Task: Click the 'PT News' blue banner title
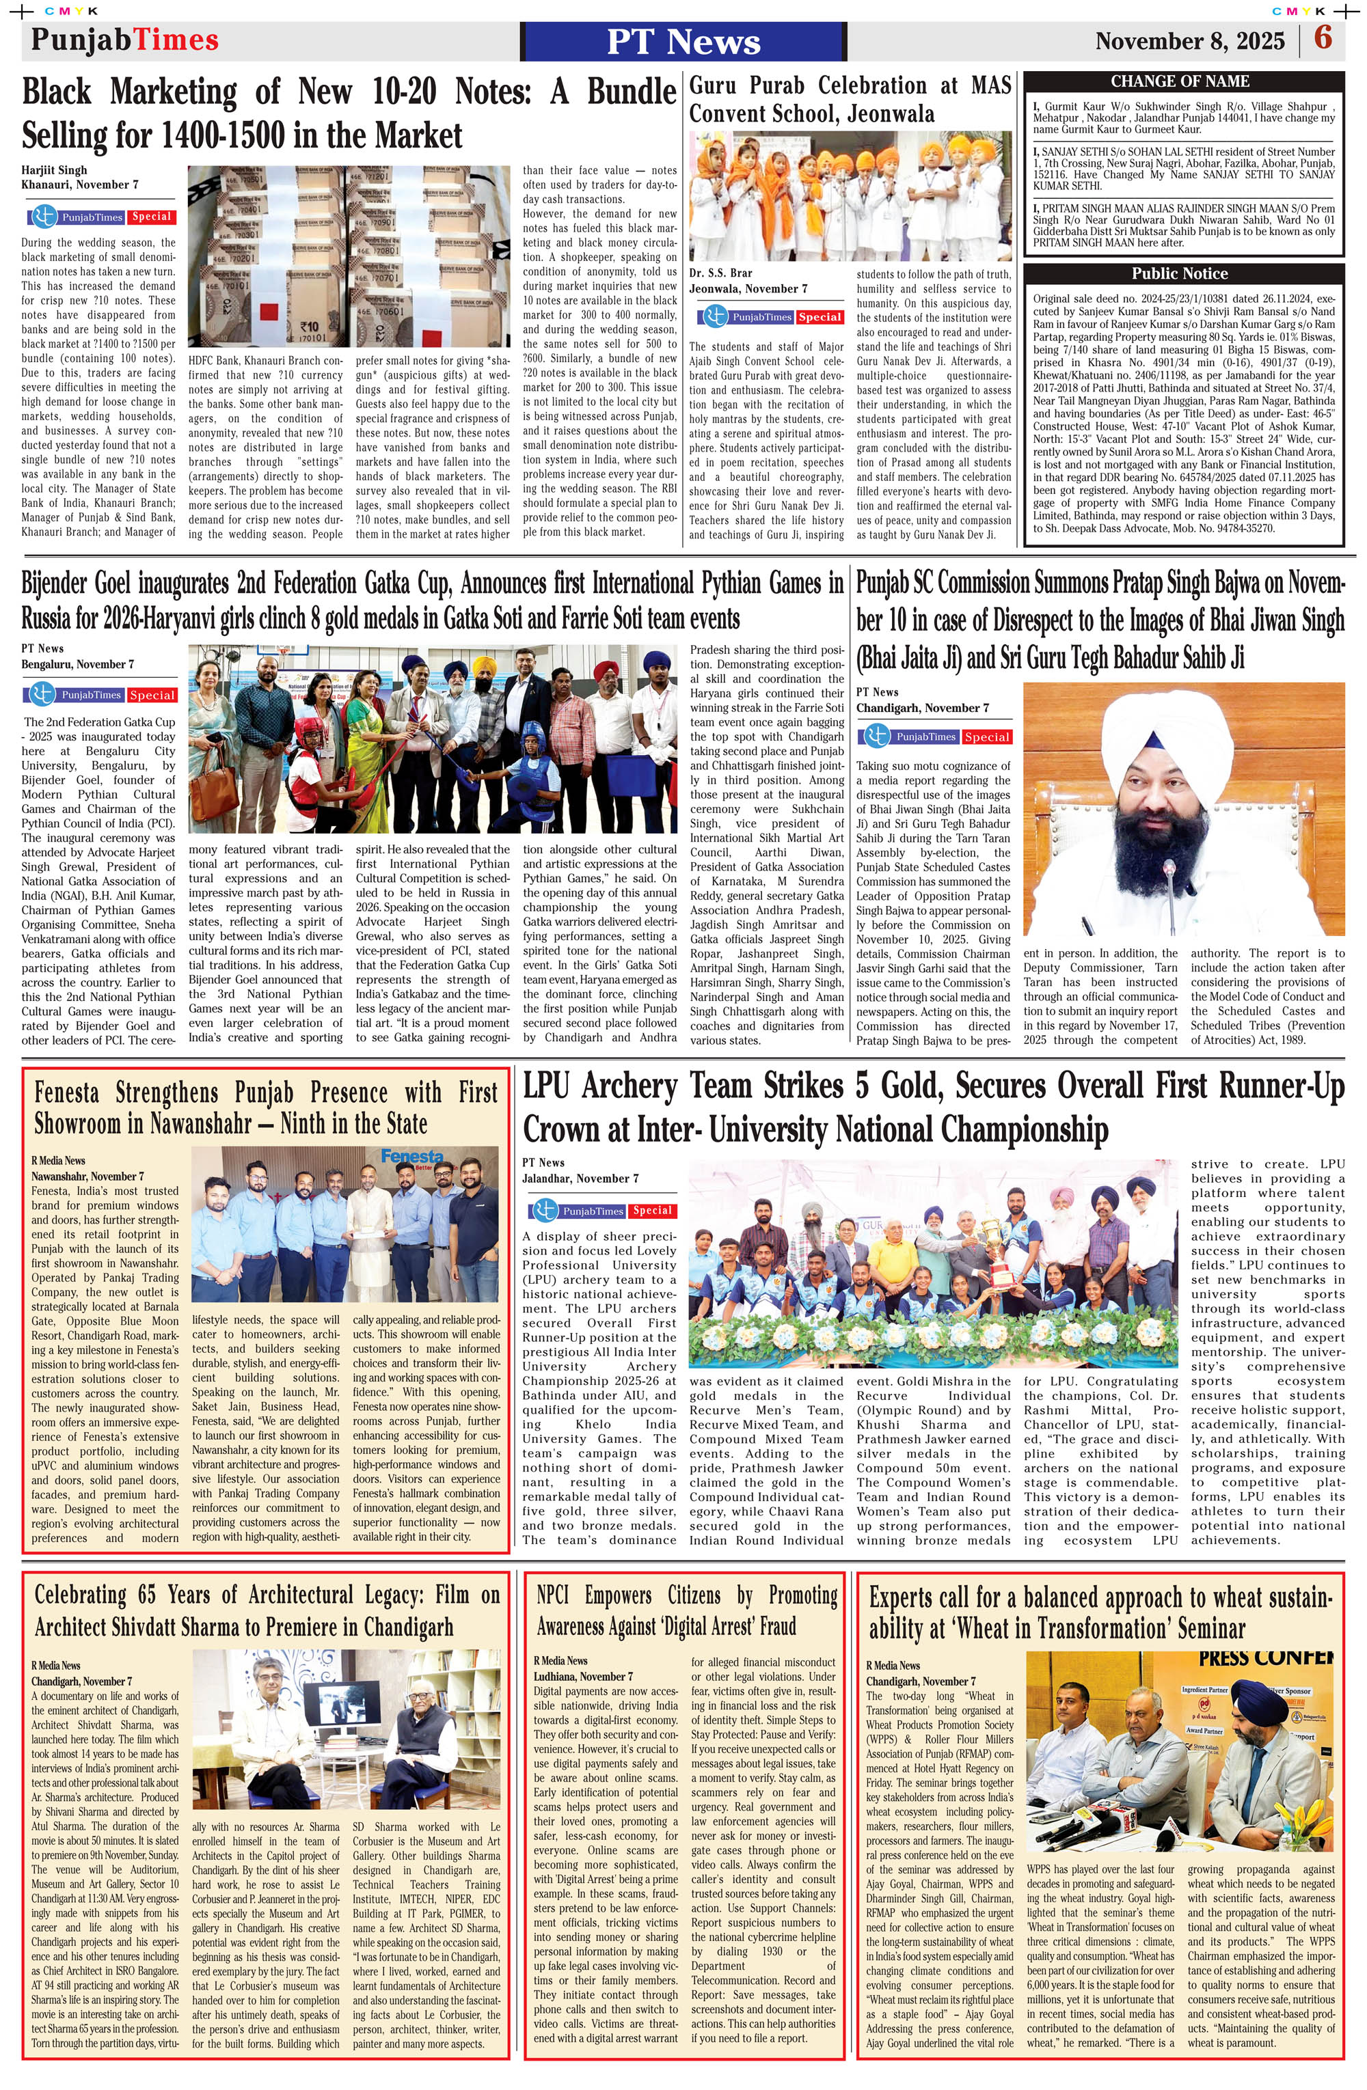683,41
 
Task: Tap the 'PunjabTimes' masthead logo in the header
125,40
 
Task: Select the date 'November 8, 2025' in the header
1189,41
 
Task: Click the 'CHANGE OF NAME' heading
1179,81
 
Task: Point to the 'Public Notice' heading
1179,273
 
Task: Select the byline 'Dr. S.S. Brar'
720,273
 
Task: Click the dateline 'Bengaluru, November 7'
77,664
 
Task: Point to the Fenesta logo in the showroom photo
412,1157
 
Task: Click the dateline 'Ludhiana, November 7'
582,1675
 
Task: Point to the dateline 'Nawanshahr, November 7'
87,1176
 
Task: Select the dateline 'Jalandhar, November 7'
580,1179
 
